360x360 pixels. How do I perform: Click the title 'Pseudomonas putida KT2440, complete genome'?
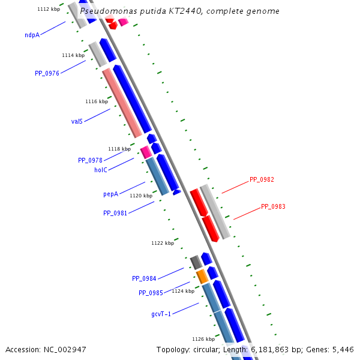pos(179,11)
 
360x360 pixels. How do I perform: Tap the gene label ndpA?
pos(32,35)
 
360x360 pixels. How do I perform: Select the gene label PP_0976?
pos(47,73)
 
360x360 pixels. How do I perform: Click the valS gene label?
pos(77,121)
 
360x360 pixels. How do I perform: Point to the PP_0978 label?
pos(90,160)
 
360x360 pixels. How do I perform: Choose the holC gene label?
pos(100,170)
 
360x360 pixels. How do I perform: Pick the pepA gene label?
pos(110,194)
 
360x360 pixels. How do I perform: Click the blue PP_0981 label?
pos(115,213)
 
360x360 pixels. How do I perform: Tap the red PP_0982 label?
pos(262,179)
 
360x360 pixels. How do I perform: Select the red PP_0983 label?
pos(273,206)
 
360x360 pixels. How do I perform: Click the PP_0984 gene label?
pos(144,278)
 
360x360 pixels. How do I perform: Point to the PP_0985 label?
pos(151,293)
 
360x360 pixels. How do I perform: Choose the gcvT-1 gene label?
pos(161,314)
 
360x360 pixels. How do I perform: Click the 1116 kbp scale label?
pos(97,101)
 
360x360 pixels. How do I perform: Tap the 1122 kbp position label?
pos(163,243)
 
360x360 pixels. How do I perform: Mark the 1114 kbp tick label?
pos(73,55)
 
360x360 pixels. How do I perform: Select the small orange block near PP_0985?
pos(202,277)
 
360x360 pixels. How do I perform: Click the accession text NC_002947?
pos(46,349)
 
